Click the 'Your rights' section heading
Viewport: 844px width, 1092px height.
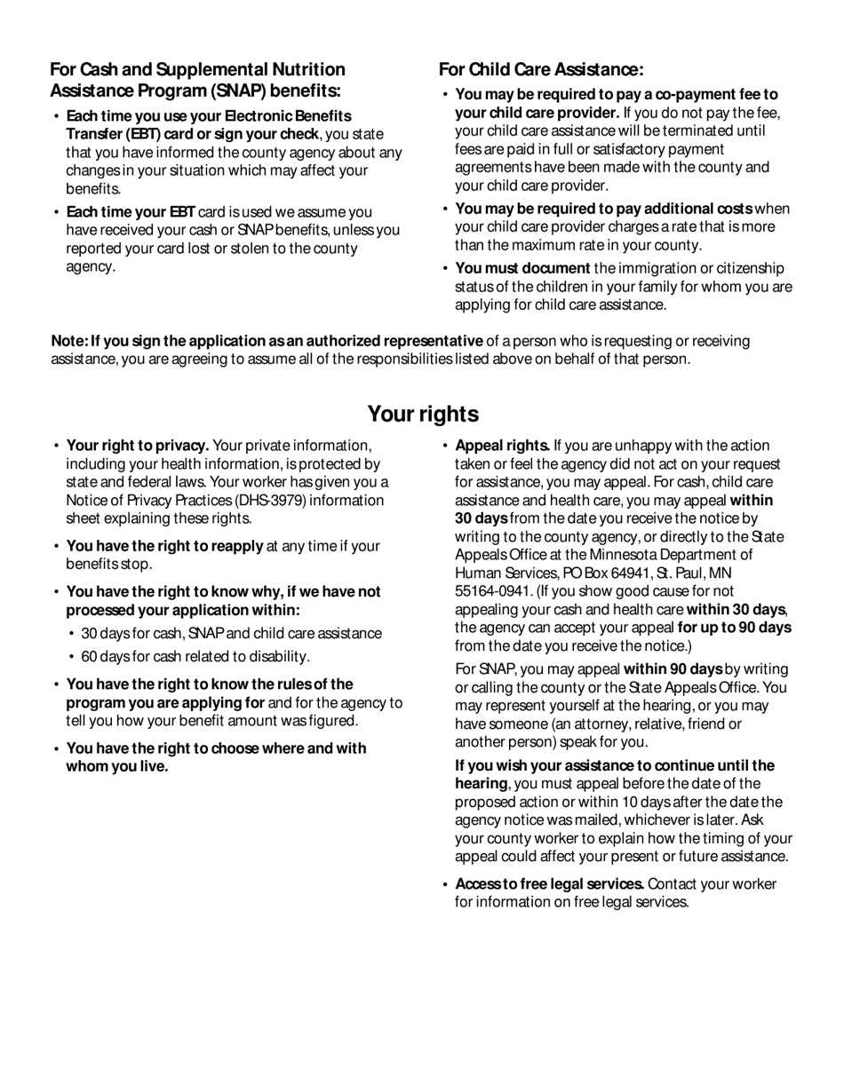(423, 415)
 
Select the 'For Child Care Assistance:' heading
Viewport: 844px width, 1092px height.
(541, 70)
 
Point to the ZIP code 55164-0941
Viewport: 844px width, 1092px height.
(493, 591)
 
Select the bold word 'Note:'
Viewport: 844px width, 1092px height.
(69, 342)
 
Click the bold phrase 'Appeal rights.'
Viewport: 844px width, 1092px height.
(502, 446)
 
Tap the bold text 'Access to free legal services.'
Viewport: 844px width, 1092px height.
(549, 884)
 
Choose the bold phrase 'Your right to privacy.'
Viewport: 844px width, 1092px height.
(138, 446)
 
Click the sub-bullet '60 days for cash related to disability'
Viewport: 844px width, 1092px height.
(195, 657)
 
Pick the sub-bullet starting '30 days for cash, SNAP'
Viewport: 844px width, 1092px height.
(231, 634)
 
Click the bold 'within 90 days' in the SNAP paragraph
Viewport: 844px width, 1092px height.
(673, 669)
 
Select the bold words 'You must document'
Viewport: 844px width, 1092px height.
(522, 268)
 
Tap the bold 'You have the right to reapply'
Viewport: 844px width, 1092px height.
(164, 547)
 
